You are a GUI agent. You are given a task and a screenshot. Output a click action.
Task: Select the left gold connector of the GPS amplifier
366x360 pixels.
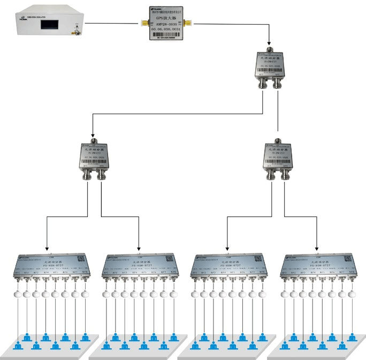(x=143, y=24)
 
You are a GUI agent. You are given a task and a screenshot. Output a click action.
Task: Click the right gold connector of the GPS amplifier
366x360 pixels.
(x=188, y=24)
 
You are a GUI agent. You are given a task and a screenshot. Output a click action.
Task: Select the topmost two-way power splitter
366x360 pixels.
(x=278, y=66)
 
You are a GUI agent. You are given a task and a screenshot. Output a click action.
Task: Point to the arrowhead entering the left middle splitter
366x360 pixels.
(x=92, y=136)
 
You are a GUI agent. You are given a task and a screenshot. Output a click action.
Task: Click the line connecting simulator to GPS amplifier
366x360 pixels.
(x=112, y=24)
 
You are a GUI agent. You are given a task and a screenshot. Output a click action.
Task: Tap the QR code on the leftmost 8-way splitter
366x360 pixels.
(x=78, y=258)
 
